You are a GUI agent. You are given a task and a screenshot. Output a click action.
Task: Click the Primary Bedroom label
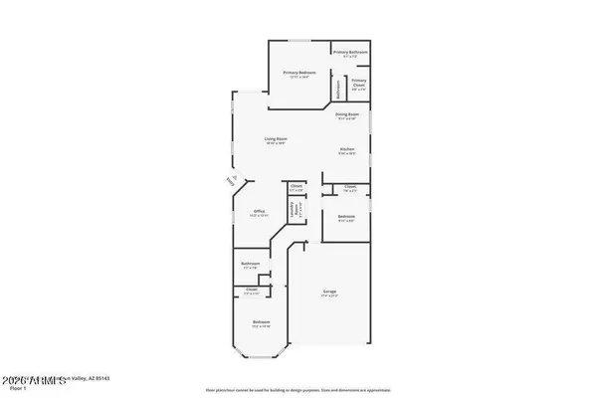point(298,74)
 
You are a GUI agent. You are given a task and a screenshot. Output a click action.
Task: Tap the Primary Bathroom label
point(350,53)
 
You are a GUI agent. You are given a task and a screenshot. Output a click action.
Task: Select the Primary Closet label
point(358,83)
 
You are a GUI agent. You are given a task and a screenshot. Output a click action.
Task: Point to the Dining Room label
point(347,116)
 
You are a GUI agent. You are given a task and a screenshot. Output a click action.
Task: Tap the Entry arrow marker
point(230,181)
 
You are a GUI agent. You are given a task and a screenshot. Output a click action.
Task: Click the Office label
point(258,213)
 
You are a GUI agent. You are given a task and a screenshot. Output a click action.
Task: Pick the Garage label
point(329,294)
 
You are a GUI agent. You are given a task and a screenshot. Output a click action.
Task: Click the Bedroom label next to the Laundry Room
point(345,218)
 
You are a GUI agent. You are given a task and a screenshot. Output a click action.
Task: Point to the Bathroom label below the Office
point(250,266)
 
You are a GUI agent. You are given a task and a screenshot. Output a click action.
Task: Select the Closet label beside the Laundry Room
point(297,187)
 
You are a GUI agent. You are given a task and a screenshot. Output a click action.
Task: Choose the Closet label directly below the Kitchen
point(350,187)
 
